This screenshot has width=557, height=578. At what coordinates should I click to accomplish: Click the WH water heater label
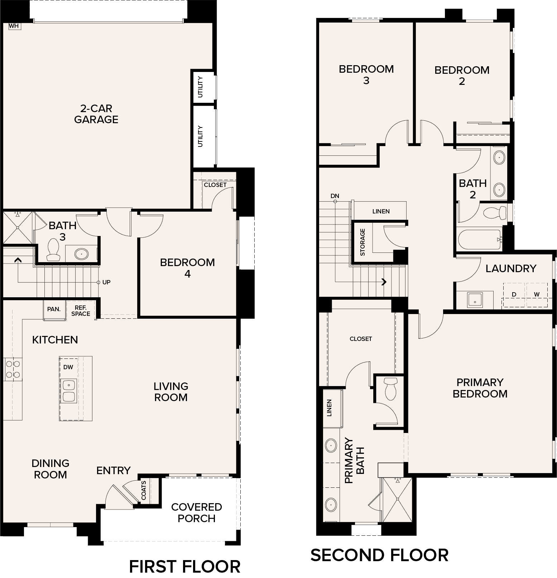14,26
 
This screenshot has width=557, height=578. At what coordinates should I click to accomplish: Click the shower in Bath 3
18,227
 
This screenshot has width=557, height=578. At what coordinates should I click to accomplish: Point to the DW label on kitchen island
68,367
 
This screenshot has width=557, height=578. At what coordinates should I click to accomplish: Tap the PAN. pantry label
54,309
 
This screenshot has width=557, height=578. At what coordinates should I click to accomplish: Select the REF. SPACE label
81,311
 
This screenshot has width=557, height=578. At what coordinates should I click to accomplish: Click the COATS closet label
144,490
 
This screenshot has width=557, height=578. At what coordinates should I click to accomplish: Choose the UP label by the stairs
106,282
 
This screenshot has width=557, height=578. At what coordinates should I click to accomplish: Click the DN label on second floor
335,196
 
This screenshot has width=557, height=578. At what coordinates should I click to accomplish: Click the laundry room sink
475,300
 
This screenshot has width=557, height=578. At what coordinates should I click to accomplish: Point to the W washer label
537,294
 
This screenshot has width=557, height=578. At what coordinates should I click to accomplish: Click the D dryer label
514,294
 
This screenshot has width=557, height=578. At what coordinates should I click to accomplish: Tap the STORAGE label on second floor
362,242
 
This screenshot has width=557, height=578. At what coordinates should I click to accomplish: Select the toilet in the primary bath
390,388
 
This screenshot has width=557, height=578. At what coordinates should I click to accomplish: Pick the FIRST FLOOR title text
184,567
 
